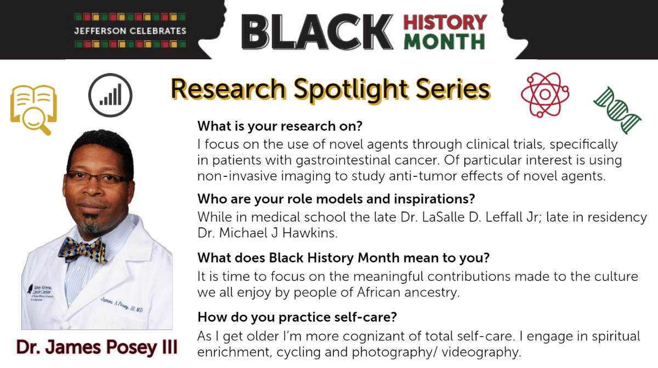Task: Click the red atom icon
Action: pos(545,94)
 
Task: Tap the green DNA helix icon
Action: pos(617,110)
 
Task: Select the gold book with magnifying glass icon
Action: pos(33,109)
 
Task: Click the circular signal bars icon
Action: pos(110,95)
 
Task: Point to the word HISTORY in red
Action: pos(445,23)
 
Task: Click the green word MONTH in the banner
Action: pos(444,42)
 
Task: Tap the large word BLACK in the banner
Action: pos(317,32)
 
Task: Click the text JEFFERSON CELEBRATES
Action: pos(130,31)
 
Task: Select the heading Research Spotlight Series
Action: pos(331,89)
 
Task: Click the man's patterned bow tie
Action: pos(82,250)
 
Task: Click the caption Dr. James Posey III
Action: pos(97,347)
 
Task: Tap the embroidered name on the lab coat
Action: pos(122,305)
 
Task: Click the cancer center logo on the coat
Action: pos(40,292)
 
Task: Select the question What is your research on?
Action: pos(280,126)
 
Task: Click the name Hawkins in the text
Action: pos(310,233)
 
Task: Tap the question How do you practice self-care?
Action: pos(297,317)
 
